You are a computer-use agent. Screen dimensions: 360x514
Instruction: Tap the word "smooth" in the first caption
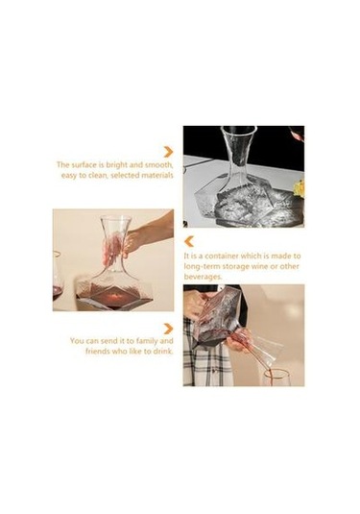coord(159,164)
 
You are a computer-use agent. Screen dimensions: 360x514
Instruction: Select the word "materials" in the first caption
coord(156,175)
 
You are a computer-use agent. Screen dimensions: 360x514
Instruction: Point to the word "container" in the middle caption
coord(223,256)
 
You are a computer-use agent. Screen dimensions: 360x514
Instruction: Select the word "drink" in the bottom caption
coord(163,352)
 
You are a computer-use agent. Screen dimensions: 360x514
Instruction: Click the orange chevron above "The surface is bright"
coord(169,152)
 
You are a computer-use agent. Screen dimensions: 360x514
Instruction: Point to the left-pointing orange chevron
coord(189,241)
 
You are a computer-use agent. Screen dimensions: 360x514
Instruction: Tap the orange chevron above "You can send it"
coord(168,329)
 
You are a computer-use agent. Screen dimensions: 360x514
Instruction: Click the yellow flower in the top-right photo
coord(300,188)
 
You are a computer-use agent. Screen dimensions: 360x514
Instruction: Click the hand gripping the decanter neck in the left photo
coord(137,235)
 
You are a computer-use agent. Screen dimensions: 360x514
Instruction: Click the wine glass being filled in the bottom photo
coord(276,378)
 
